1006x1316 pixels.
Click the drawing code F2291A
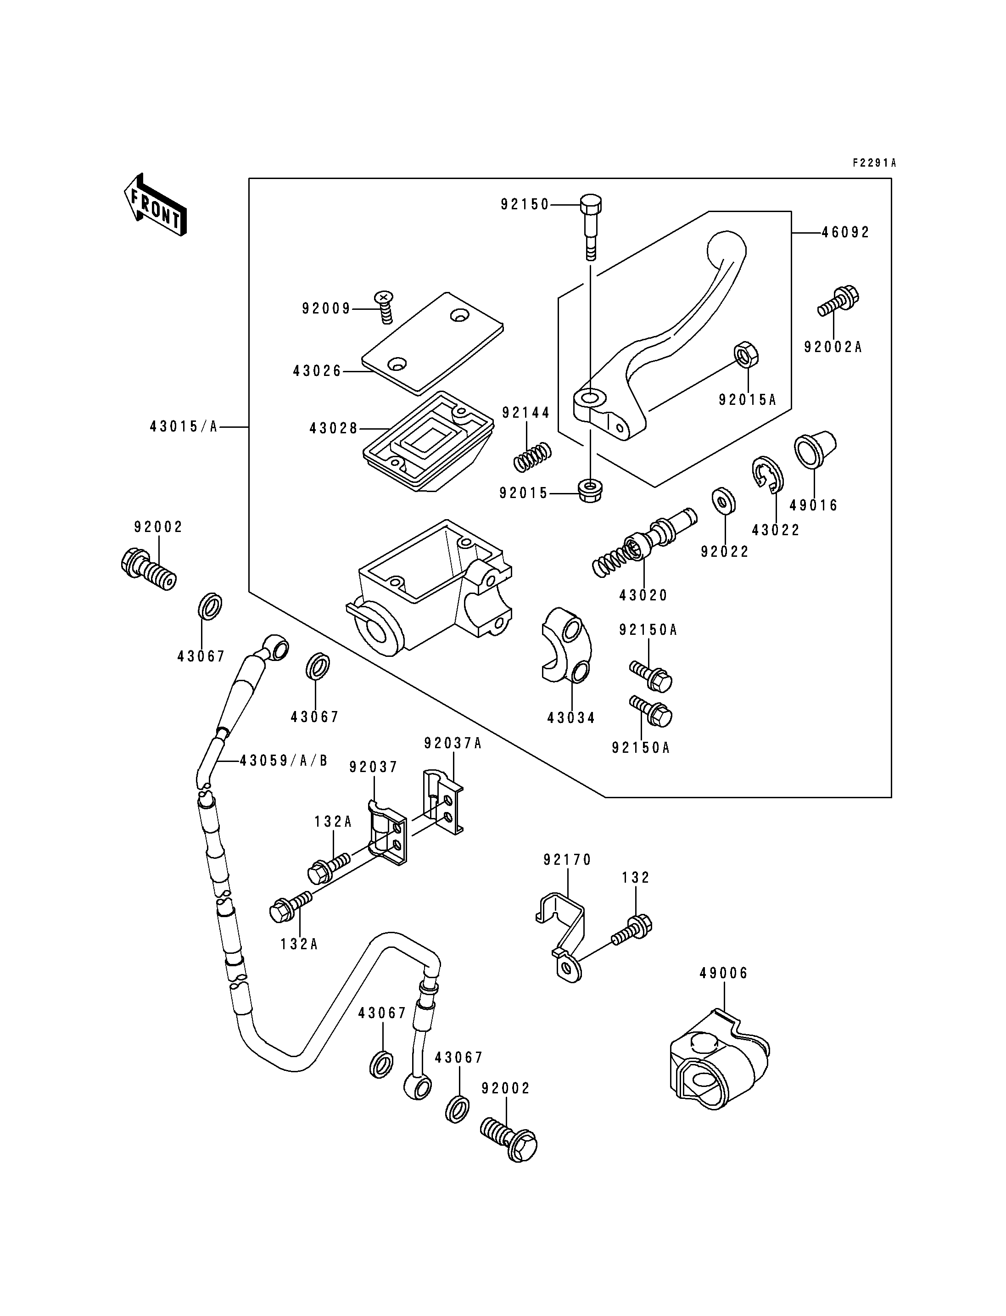click(875, 162)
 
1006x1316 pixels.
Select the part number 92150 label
click(525, 204)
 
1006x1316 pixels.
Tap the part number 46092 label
click(845, 232)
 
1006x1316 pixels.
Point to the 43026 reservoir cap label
click(317, 371)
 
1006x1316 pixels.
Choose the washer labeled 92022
click(724, 501)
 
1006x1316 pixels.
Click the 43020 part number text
click(643, 595)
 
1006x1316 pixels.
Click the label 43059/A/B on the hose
click(284, 760)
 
